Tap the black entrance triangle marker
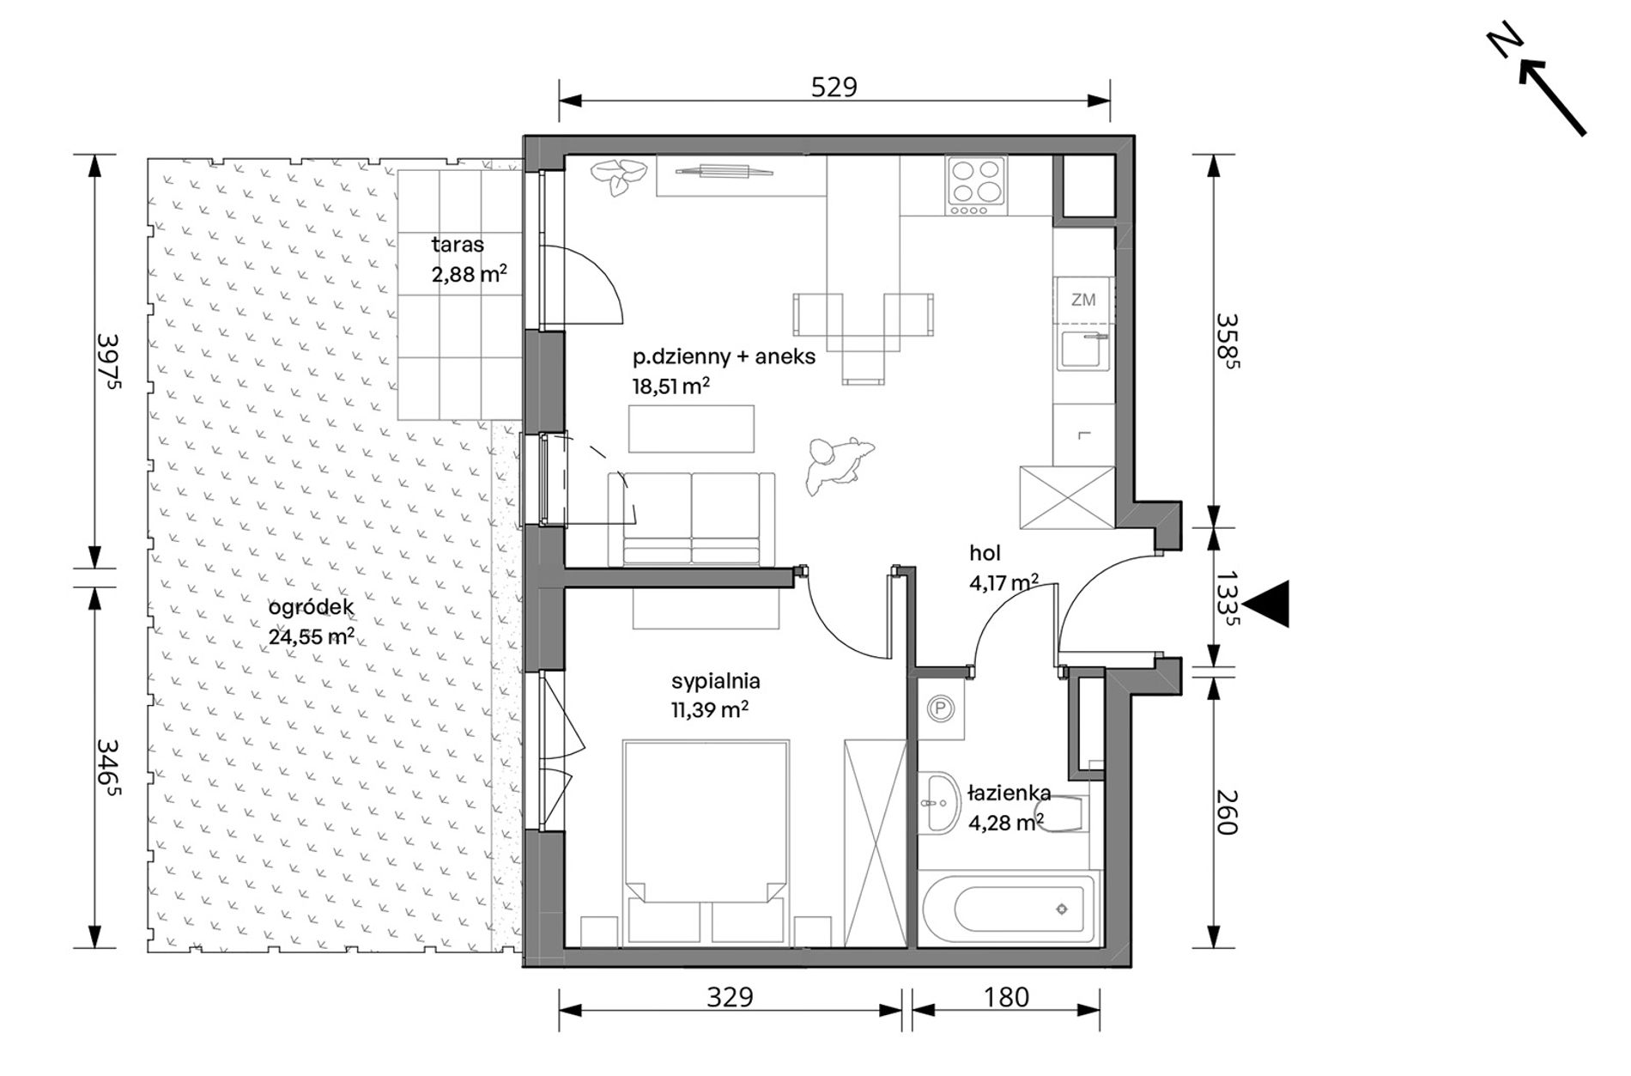click(x=1267, y=603)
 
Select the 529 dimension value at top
click(x=834, y=88)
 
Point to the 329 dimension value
click(x=730, y=997)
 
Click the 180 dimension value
click(x=1005, y=997)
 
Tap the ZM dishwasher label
click(x=1083, y=300)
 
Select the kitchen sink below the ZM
click(x=1083, y=350)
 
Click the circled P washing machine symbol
click(x=941, y=708)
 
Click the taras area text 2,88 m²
click(x=469, y=274)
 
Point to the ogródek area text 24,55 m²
click(x=311, y=636)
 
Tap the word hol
click(x=985, y=554)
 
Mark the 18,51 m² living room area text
click(x=671, y=386)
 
